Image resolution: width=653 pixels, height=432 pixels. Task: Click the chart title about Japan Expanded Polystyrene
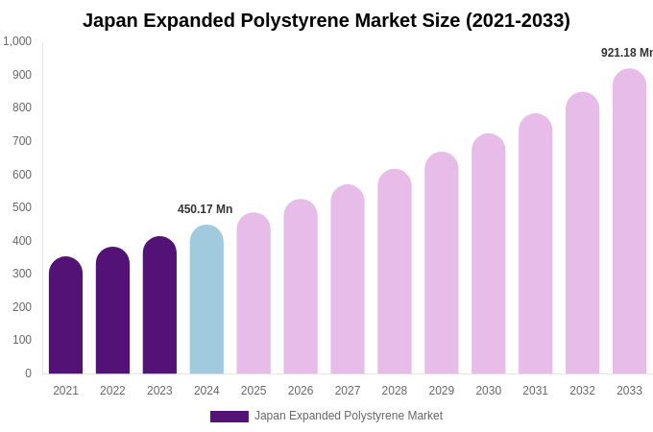click(x=326, y=20)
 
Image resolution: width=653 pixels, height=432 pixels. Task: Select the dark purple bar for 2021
click(x=65, y=317)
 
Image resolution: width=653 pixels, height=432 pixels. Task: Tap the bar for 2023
click(x=159, y=307)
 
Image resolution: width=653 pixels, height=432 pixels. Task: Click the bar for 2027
click(x=348, y=280)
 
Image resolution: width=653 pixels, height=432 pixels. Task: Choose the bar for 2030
click(x=488, y=255)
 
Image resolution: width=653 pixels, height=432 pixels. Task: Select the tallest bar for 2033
click(x=629, y=223)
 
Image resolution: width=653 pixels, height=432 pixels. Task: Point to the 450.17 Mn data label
click(x=205, y=209)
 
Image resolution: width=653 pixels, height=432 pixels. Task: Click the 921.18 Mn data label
click(x=626, y=53)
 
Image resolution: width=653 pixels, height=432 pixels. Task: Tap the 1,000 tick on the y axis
click(x=17, y=41)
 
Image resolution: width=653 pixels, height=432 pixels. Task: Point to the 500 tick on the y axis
click(x=22, y=207)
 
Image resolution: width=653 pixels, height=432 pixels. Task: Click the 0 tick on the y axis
click(x=28, y=373)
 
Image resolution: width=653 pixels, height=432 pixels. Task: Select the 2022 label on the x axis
click(x=112, y=391)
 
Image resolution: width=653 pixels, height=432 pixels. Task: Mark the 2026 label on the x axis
click(x=301, y=391)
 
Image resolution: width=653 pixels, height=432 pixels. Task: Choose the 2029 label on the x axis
click(x=442, y=391)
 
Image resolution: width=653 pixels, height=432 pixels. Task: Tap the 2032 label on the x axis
click(x=582, y=391)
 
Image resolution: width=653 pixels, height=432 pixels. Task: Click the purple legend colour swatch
click(x=230, y=417)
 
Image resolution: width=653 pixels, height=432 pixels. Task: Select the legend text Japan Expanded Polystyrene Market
click(x=349, y=416)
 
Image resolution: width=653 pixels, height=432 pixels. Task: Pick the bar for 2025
click(x=254, y=295)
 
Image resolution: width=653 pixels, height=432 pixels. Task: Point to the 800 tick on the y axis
click(x=22, y=108)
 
